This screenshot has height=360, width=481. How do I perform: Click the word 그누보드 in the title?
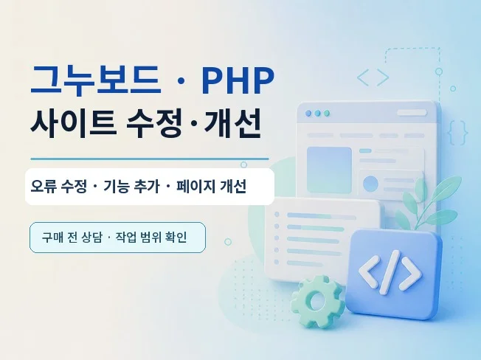click(96, 80)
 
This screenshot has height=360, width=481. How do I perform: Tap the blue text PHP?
click(238, 80)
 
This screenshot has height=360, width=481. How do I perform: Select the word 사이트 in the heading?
click(73, 122)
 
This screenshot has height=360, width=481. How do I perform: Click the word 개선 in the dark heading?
click(232, 122)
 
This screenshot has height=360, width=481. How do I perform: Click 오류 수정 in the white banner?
click(58, 186)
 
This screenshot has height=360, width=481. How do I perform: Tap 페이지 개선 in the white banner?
click(211, 186)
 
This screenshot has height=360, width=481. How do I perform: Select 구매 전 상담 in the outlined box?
click(72, 238)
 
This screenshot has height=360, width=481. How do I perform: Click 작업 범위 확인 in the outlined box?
click(151, 238)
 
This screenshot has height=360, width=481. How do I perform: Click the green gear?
click(317, 301)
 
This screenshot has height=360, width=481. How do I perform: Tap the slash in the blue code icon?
click(390, 272)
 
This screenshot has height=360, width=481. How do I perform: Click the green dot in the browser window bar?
click(327, 113)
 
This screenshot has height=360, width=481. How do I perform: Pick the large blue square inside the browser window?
click(329, 170)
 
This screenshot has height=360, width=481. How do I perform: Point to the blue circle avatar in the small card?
click(370, 184)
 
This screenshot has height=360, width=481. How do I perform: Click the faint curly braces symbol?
click(457, 133)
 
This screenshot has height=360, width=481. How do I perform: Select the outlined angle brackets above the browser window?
click(373, 77)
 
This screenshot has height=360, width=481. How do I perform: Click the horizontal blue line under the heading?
click(150, 159)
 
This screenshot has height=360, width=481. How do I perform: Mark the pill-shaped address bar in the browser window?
click(412, 113)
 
